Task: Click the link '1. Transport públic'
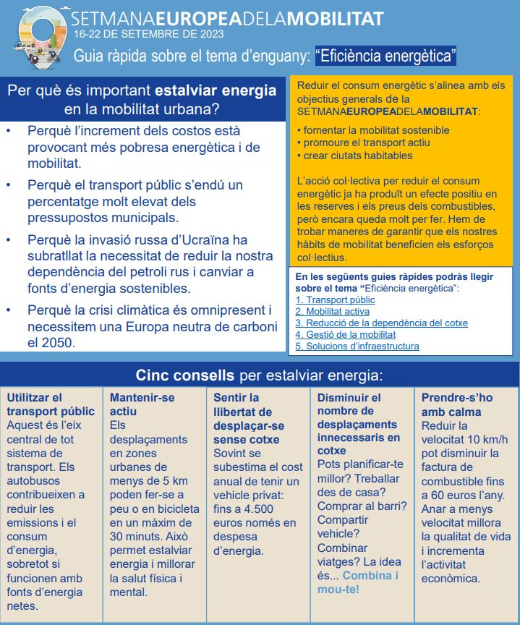click(x=335, y=299)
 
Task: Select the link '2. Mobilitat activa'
click(x=333, y=311)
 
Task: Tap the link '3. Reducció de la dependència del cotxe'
click(x=381, y=323)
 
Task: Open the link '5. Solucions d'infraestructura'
click(x=357, y=346)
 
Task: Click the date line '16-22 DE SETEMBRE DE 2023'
click(x=148, y=33)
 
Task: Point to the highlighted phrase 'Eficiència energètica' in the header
click(x=385, y=55)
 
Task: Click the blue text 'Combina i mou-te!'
click(x=358, y=582)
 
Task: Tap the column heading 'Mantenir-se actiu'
click(x=142, y=404)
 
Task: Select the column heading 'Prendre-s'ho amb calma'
click(x=456, y=404)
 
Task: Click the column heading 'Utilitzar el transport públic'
click(x=50, y=404)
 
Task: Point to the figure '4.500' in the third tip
click(x=260, y=509)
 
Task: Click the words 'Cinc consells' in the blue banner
click(x=184, y=375)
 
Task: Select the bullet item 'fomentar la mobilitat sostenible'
click(x=372, y=130)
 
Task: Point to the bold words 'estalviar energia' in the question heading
click(x=216, y=91)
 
